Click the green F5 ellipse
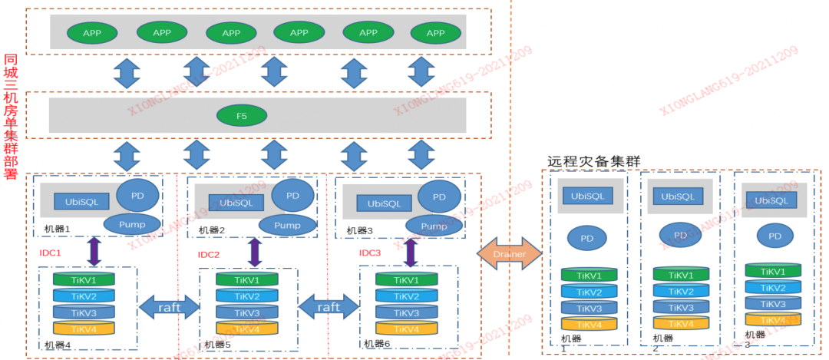click(x=241, y=116)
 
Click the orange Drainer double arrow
click(x=509, y=253)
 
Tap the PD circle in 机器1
click(x=138, y=196)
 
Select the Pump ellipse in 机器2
click(x=287, y=225)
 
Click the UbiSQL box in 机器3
click(x=384, y=203)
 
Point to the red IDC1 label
click(x=50, y=253)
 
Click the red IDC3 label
click(x=370, y=253)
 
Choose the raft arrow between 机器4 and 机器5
click(x=168, y=307)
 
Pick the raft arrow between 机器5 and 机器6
click(x=329, y=307)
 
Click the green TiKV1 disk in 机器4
click(x=84, y=280)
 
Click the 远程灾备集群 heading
click(x=593, y=161)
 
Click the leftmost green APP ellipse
click(x=92, y=33)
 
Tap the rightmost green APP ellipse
click(x=435, y=33)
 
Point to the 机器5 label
click(x=218, y=345)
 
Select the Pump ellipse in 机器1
click(x=132, y=224)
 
